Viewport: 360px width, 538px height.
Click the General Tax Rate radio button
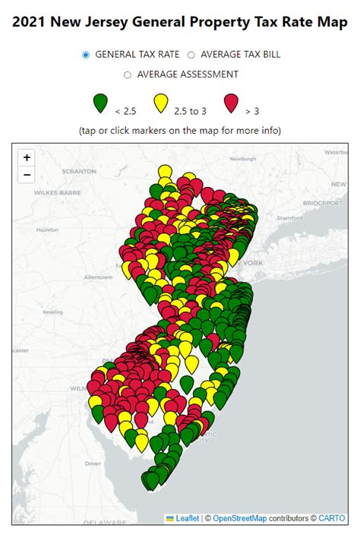click(x=86, y=55)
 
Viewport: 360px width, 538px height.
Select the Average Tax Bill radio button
click(x=191, y=55)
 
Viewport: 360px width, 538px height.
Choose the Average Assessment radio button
click(x=127, y=74)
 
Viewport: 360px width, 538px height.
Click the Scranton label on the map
click(x=81, y=172)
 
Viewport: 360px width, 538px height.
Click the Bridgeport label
click(x=323, y=204)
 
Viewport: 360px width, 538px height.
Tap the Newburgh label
click(x=244, y=160)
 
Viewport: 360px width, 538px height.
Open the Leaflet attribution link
click(x=187, y=518)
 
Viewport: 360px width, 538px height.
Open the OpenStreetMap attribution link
click(x=239, y=518)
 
